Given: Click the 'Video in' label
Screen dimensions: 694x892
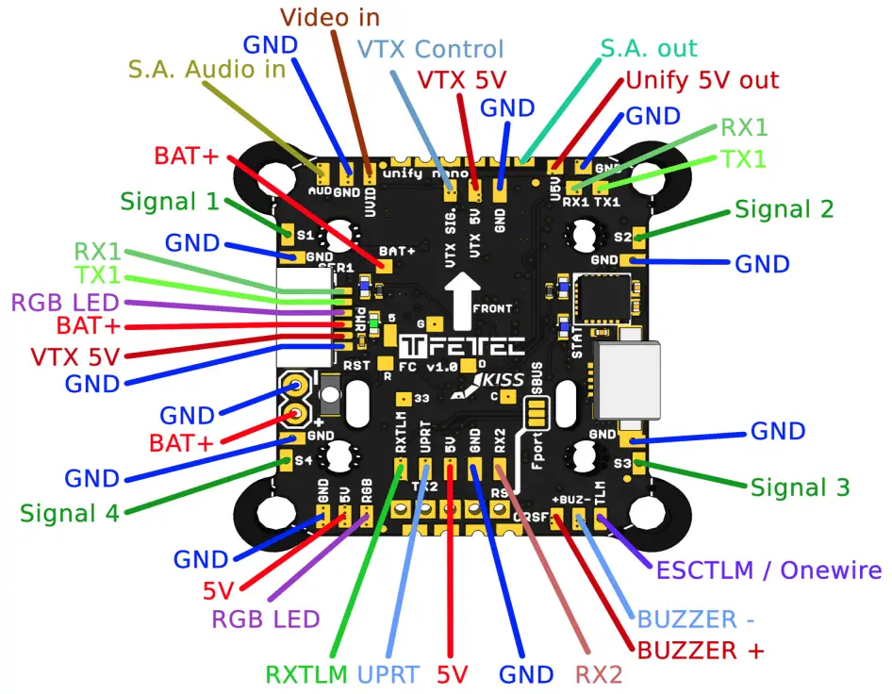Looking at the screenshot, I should [x=331, y=18].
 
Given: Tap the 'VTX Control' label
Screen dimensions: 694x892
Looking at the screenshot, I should [x=432, y=49].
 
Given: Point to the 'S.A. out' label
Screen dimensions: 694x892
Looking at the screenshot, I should [x=649, y=48].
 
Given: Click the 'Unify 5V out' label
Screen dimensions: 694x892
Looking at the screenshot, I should [x=702, y=80].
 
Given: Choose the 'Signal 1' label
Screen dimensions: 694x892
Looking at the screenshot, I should [x=169, y=201].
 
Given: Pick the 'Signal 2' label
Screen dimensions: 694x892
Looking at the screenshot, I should [x=785, y=209].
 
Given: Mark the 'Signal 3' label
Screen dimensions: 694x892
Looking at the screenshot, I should [x=800, y=487].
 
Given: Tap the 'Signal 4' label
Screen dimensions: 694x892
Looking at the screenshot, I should [x=71, y=514].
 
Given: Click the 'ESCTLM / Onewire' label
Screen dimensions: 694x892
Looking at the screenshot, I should [x=768, y=570].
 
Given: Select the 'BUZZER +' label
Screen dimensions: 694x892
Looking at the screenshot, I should [x=700, y=651].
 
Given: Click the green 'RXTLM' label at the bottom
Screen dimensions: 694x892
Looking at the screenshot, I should [x=308, y=674].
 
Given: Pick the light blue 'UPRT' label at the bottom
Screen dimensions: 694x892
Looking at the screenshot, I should [x=389, y=674].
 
